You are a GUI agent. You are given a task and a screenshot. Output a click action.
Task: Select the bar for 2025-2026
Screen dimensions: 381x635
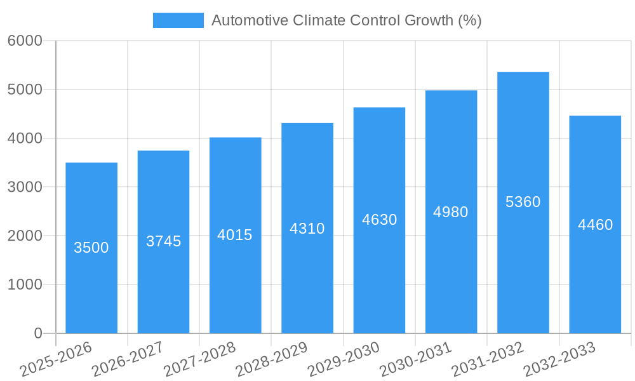(x=91, y=248)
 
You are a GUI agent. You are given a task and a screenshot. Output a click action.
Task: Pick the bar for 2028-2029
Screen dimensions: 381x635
(x=307, y=228)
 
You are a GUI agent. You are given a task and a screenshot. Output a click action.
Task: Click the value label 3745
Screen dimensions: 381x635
(x=163, y=241)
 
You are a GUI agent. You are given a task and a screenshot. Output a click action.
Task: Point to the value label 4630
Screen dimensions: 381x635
(x=379, y=220)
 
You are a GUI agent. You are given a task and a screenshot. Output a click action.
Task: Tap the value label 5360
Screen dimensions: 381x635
(x=523, y=202)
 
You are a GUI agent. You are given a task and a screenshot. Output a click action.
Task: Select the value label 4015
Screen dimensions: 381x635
(x=235, y=235)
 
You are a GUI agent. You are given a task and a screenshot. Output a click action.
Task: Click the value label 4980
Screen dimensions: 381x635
(x=451, y=212)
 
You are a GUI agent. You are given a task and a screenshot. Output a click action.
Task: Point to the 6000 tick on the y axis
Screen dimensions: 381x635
(x=25, y=41)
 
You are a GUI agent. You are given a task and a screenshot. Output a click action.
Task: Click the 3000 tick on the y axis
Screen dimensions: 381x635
(x=25, y=187)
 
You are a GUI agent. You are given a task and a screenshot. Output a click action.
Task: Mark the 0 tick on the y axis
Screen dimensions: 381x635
(x=37, y=333)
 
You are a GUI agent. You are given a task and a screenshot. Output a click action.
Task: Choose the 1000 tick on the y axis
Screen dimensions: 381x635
(x=25, y=284)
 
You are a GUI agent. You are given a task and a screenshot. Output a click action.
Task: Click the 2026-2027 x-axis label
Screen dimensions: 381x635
(x=128, y=359)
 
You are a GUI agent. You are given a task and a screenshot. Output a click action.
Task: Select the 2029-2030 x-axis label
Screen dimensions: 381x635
(x=344, y=359)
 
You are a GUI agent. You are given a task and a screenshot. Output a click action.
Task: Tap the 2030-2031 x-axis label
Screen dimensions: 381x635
(x=415, y=359)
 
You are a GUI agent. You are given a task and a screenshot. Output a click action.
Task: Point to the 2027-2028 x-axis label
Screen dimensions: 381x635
(x=199, y=359)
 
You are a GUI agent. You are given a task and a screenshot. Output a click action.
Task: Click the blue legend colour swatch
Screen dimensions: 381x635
(x=178, y=20)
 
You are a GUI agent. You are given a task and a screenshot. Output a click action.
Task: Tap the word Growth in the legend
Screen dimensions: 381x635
(x=429, y=20)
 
